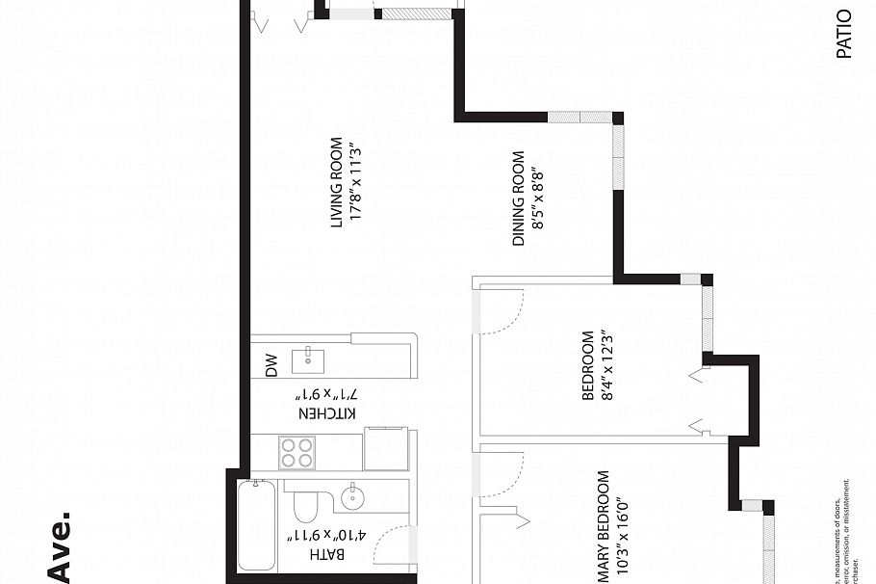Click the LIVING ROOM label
click(336, 183)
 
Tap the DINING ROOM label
click(518, 199)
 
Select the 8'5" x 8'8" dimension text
click(539, 199)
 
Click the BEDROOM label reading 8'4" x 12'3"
click(587, 366)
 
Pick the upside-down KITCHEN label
click(327, 412)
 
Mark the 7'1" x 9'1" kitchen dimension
click(327, 394)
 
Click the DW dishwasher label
click(271, 365)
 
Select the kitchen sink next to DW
click(308, 360)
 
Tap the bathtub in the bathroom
click(257, 526)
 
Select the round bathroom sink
click(353, 498)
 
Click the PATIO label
click(844, 35)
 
